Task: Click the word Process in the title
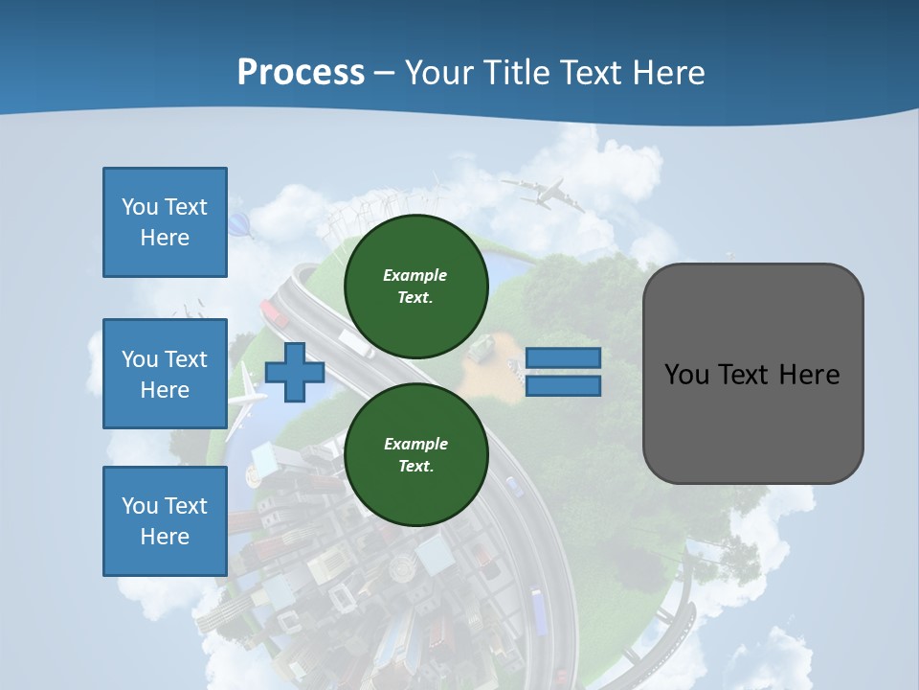(301, 73)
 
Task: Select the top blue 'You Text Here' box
(165, 222)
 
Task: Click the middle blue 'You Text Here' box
(165, 374)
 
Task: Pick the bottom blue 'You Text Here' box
(165, 520)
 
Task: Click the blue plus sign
(295, 372)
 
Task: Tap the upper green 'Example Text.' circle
(415, 286)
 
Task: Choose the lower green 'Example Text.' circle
(415, 454)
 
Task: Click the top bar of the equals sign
(563, 358)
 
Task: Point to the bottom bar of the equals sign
(563, 385)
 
